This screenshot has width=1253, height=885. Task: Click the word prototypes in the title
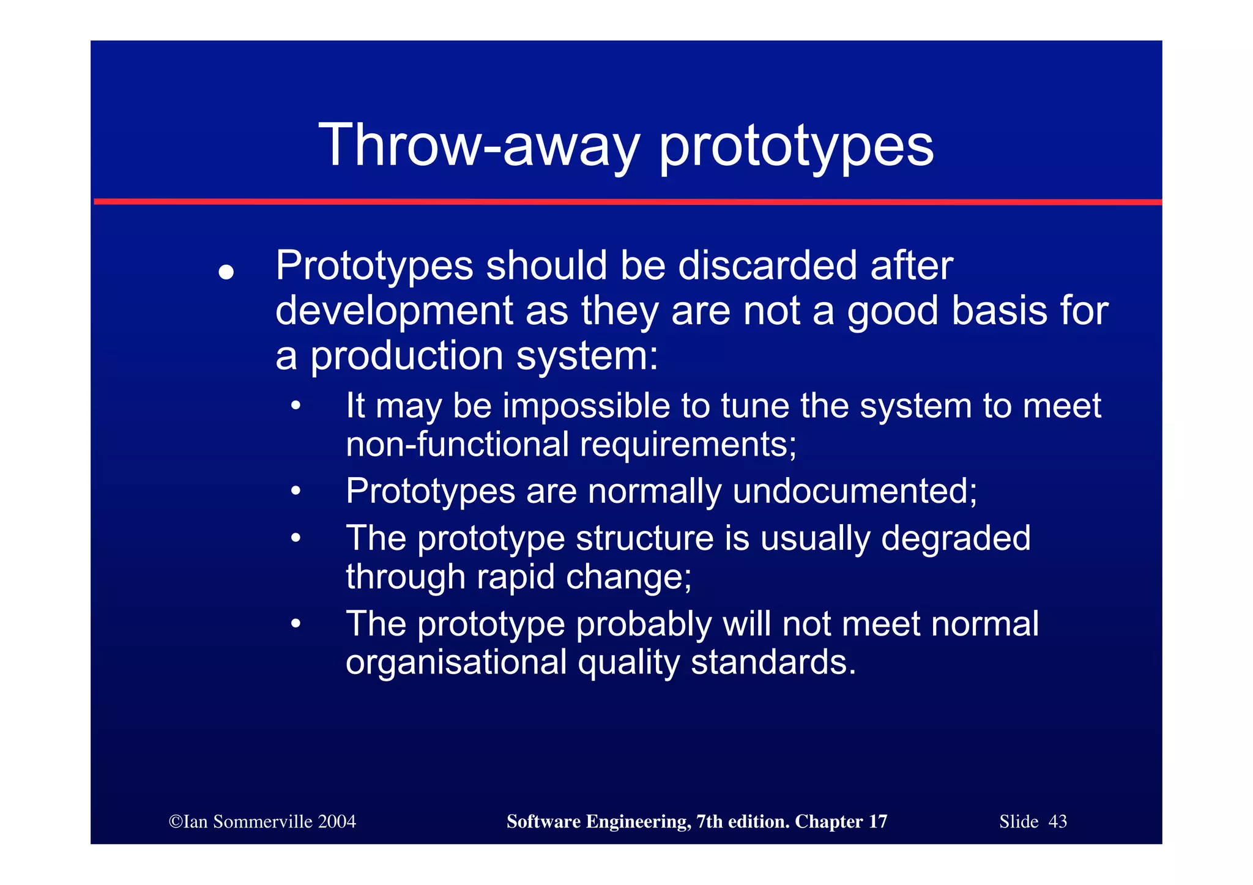pyautogui.click(x=796, y=147)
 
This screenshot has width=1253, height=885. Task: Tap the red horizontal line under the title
pyautogui.click(x=627, y=201)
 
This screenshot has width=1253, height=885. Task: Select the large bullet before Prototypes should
pyautogui.click(x=226, y=272)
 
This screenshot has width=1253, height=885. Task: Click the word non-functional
pyautogui.click(x=457, y=444)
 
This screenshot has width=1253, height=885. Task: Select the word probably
pyautogui.click(x=644, y=624)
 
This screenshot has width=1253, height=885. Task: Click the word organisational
pyautogui.click(x=456, y=662)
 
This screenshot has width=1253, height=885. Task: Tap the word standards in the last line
pyautogui.click(x=773, y=662)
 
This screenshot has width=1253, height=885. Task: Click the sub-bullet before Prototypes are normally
pyautogui.click(x=296, y=491)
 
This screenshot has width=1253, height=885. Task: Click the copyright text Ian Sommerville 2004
pyautogui.click(x=262, y=821)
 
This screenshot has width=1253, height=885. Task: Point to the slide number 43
pyautogui.click(x=1057, y=821)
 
